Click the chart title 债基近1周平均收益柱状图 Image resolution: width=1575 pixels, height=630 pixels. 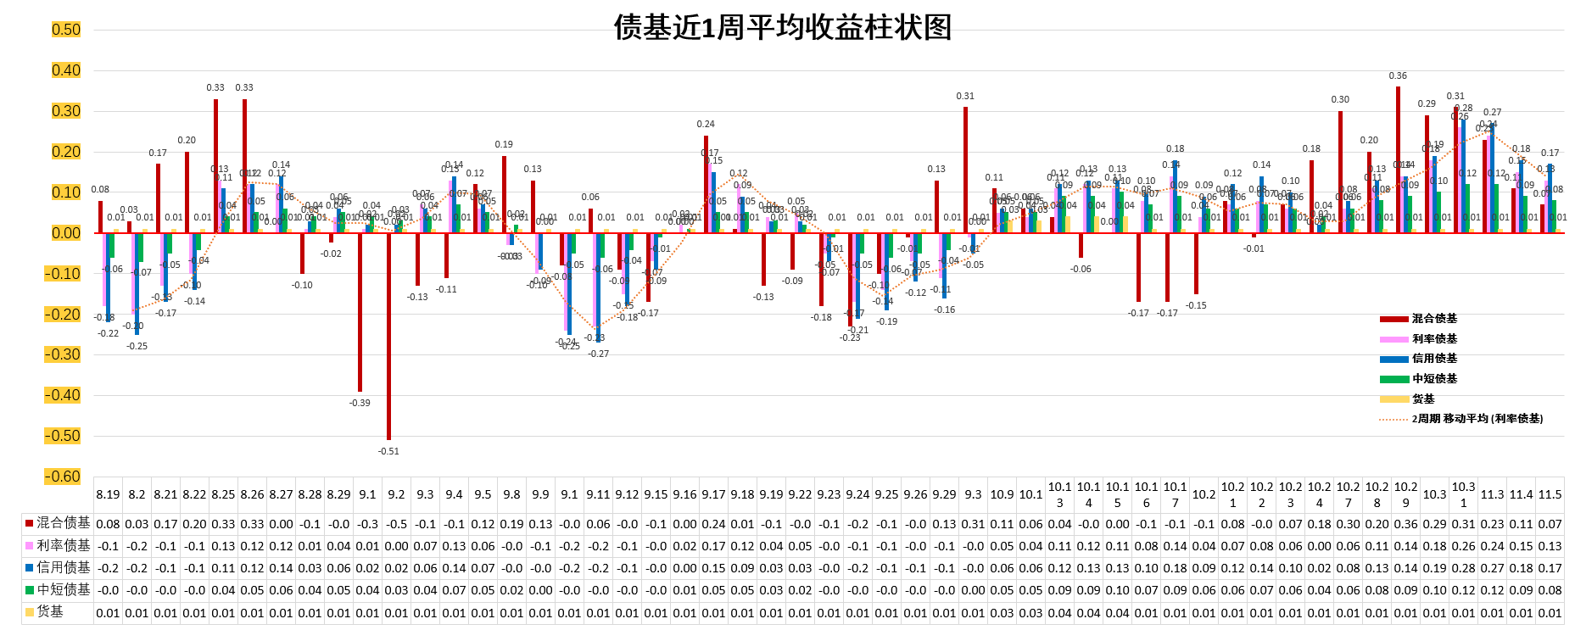pos(782,27)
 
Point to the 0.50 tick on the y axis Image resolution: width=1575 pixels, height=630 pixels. pos(66,30)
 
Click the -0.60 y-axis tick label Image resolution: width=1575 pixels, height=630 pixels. pos(64,477)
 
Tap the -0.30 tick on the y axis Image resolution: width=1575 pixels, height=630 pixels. pos(64,354)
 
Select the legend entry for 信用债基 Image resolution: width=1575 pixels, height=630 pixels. pos(1434,359)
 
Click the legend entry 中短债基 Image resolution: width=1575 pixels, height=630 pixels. pos(1434,379)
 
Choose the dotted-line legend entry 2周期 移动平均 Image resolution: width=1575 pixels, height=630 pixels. pos(1477,419)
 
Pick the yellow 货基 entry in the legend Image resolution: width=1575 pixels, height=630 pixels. pos(1423,399)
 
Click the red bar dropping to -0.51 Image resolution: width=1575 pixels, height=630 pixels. pos(388,336)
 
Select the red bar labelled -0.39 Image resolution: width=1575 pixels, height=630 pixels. pos(360,311)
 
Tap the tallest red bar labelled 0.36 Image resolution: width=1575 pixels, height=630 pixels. pos(1398,159)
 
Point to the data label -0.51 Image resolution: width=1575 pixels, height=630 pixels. pos(388,451)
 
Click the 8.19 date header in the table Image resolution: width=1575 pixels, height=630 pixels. pos(108,494)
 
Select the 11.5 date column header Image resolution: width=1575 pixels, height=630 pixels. pos(1550,494)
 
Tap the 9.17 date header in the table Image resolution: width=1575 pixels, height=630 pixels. pos(713,494)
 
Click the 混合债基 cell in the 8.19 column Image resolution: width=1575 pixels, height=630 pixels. pos(108,524)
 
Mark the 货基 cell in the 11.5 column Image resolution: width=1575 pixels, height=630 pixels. pos(1550,612)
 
